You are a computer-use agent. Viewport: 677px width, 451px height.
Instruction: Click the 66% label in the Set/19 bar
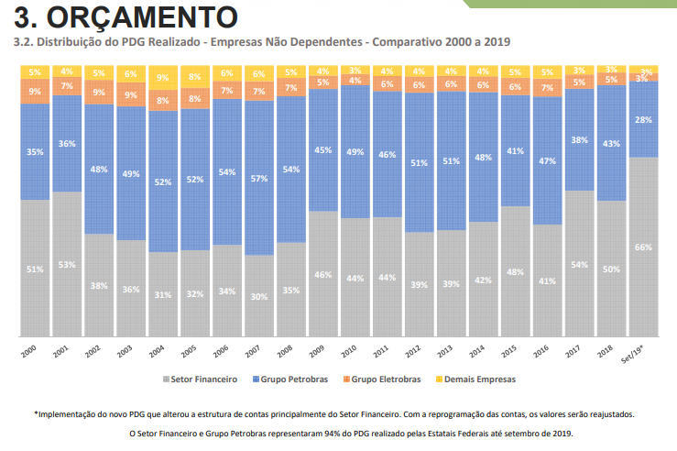coord(644,247)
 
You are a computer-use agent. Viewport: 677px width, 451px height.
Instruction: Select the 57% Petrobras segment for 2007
coord(259,178)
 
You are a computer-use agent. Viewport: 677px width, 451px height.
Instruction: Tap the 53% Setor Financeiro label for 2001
coord(66,265)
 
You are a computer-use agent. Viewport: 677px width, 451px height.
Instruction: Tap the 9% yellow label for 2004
coord(163,79)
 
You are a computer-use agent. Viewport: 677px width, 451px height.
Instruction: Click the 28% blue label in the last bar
coord(644,120)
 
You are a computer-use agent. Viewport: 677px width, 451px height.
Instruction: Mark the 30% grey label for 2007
coord(259,296)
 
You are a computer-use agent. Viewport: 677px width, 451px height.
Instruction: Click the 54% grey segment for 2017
coord(580,264)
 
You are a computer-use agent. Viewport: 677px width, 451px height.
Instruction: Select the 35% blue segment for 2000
coord(35,152)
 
